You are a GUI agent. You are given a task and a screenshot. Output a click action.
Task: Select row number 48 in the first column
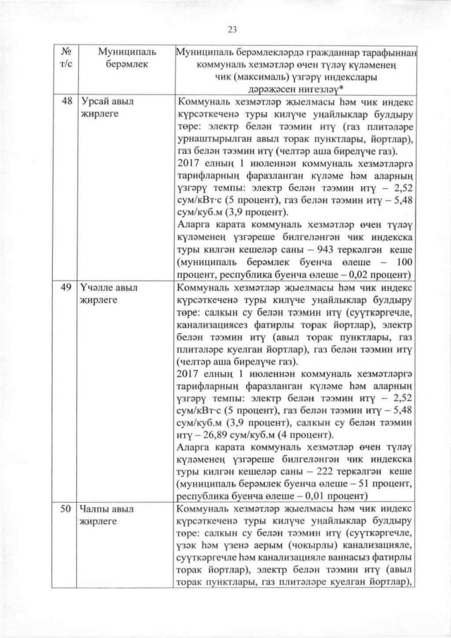(67, 101)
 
